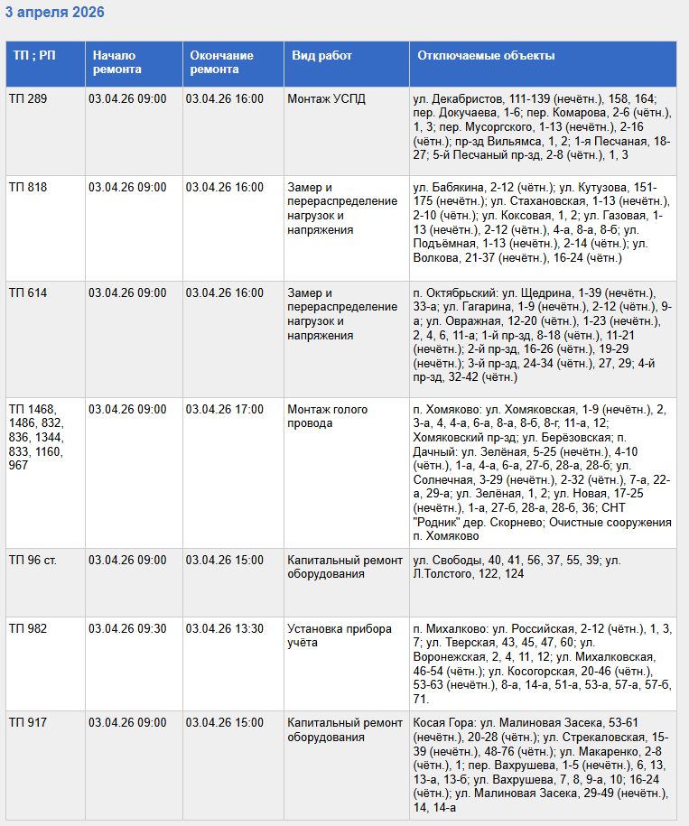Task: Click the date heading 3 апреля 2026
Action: pyautogui.click(x=55, y=13)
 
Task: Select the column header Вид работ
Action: pyautogui.click(x=321, y=56)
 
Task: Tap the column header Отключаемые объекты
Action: pyautogui.click(x=486, y=56)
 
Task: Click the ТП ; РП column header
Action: pyautogui.click(x=33, y=56)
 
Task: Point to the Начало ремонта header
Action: pyautogui.click(x=116, y=62)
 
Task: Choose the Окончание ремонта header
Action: pyautogui.click(x=221, y=62)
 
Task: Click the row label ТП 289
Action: pyautogui.click(x=28, y=98)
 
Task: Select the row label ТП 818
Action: pyautogui.click(x=28, y=188)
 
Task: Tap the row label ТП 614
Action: pyautogui.click(x=28, y=293)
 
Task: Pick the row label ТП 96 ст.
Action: pyautogui.click(x=33, y=561)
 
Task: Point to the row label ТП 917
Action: pyautogui.click(x=28, y=723)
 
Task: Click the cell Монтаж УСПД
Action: pyautogui.click(x=327, y=98)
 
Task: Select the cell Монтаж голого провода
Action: pyautogui.click(x=327, y=416)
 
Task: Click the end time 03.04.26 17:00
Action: pyautogui.click(x=225, y=410)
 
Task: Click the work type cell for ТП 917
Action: pyautogui.click(x=345, y=729)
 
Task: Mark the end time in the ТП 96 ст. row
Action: pyautogui.click(x=225, y=561)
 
